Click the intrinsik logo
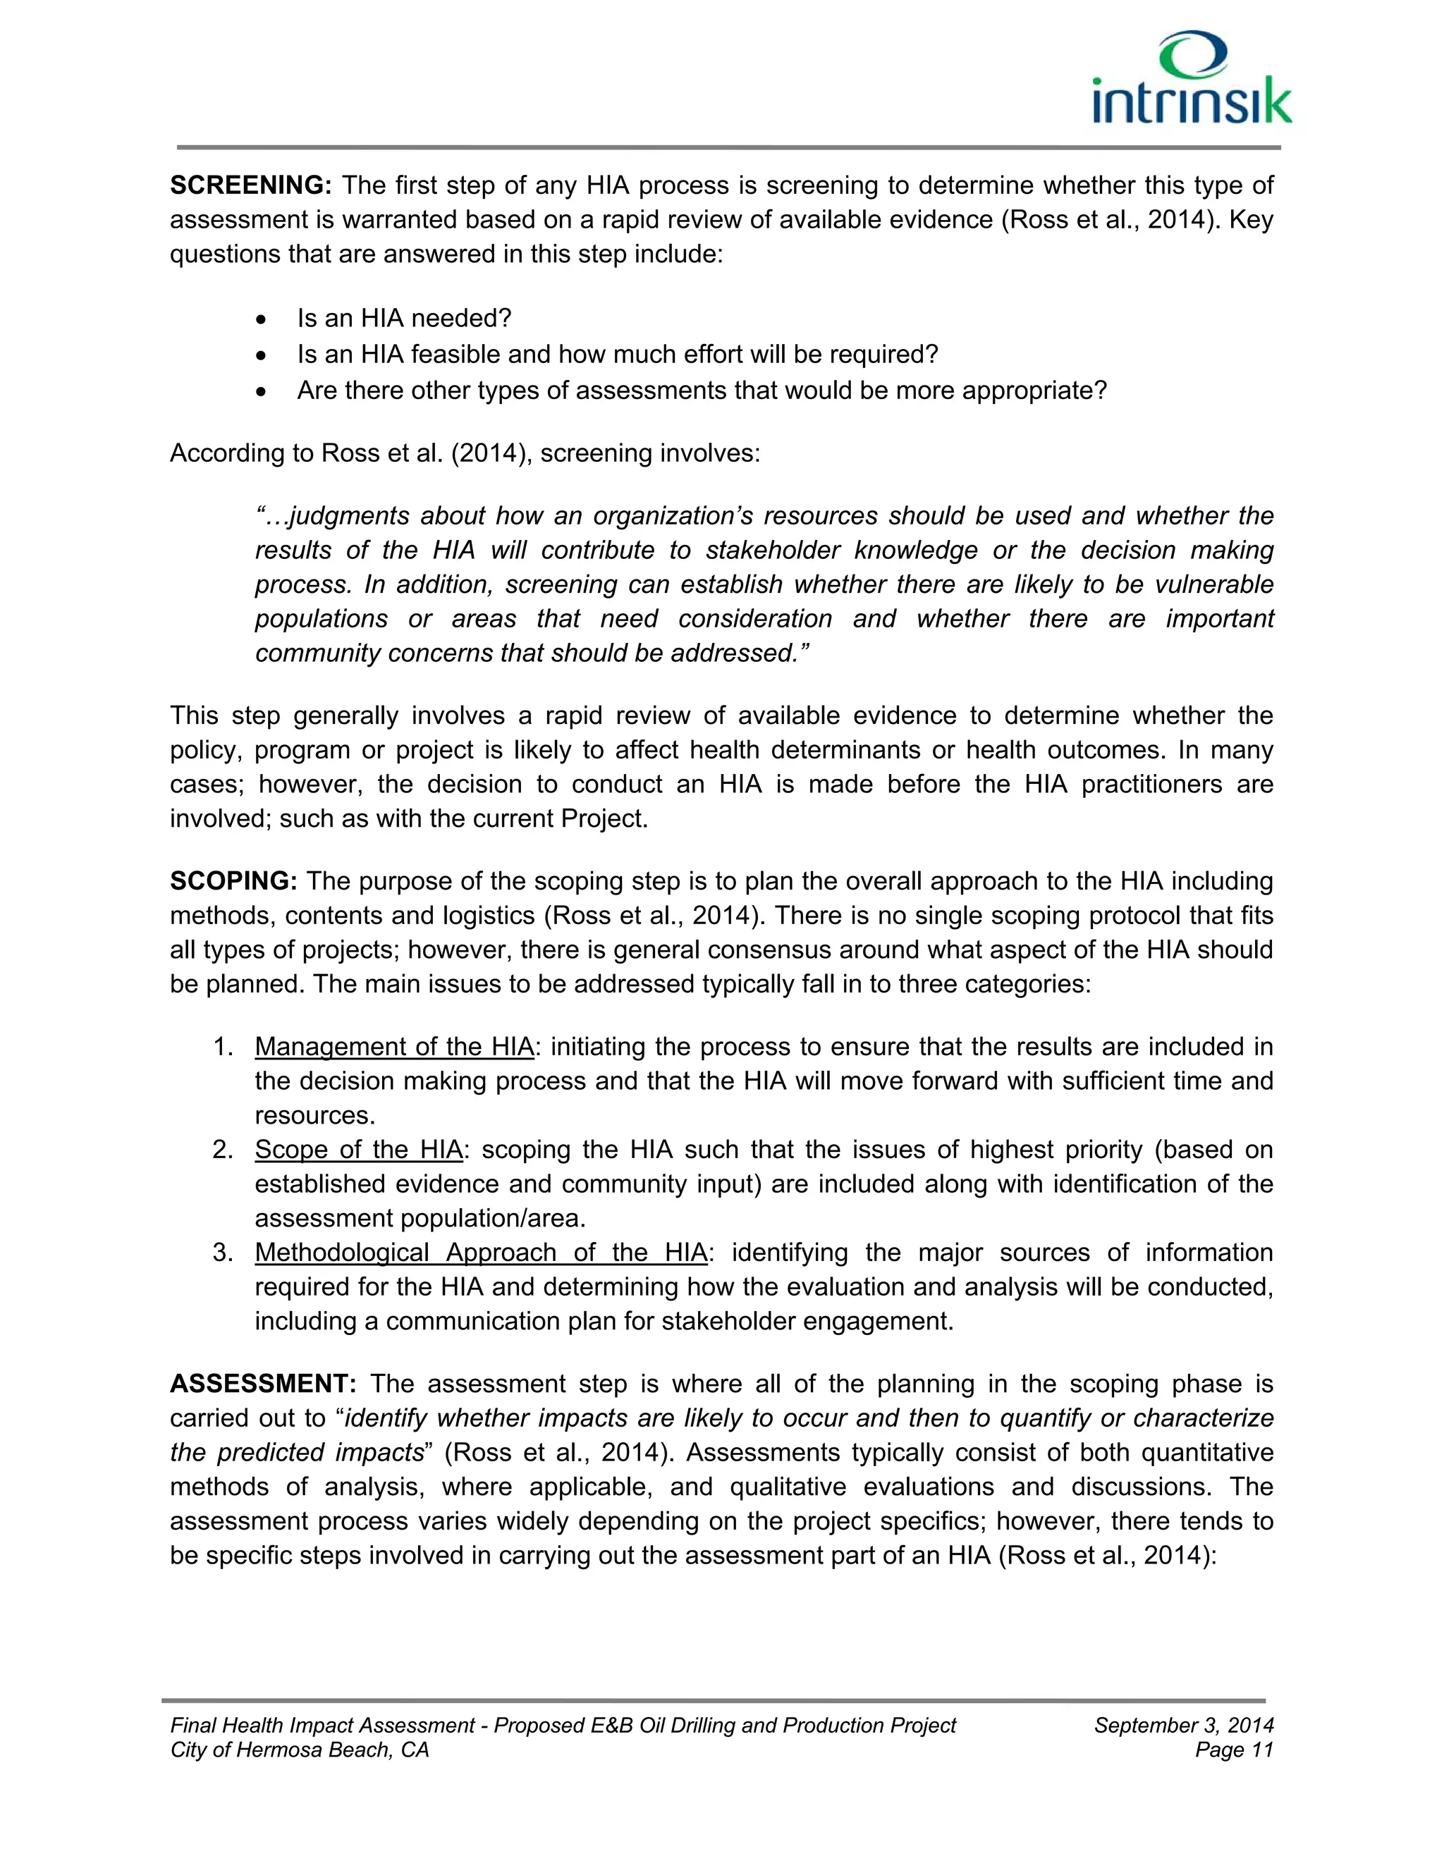pyautogui.click(x=1191, y=79)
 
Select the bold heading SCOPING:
pyautogui.click(x=233, y=881)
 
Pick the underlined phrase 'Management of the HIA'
pyautogui.click(x=393, y=1047)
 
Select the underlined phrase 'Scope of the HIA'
pyautogui.click(x=358, y=1150)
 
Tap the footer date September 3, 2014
pyautogui.click(x=1183, y=1725)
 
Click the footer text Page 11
pyautogui.click(x=1234, y=1750)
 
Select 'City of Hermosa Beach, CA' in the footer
pyautogui.click(x=300, y=1750)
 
